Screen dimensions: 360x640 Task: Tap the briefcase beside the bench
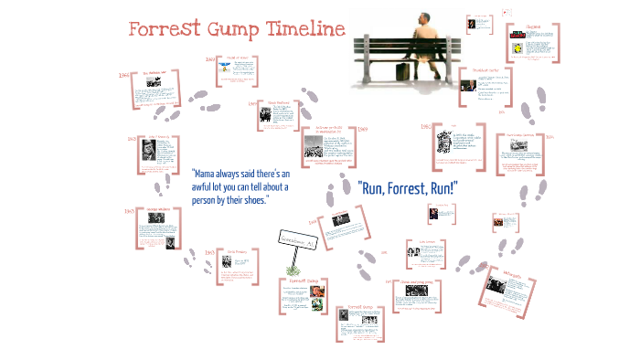pyautogui.click(x=402, y=71)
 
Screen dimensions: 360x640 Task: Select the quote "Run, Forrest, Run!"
pyautogui.click(x=407, y=189)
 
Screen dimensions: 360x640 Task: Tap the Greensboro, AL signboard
pyautogui.click(x=297, y=240)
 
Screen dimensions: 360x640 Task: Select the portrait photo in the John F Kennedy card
pyautogui.click(x=146, y=154)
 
